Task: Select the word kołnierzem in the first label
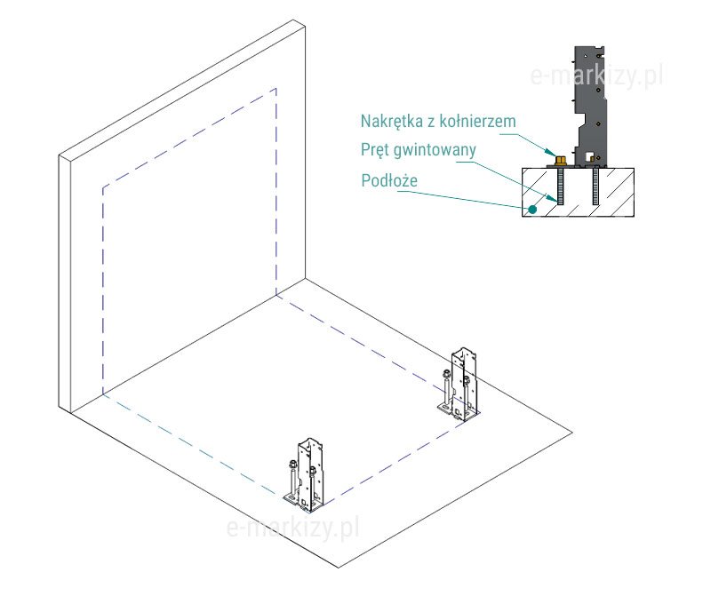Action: [477, 121]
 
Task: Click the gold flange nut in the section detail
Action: [562, 161]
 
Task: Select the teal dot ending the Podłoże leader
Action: [531, 210]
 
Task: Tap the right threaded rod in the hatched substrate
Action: [595, 188]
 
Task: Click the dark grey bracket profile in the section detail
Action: [591, 107]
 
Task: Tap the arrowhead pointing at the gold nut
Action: [554, 155]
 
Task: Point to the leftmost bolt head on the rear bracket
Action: [443, 374]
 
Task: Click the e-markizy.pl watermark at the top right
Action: [596, 77]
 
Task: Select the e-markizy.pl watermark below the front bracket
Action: [292, 529]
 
